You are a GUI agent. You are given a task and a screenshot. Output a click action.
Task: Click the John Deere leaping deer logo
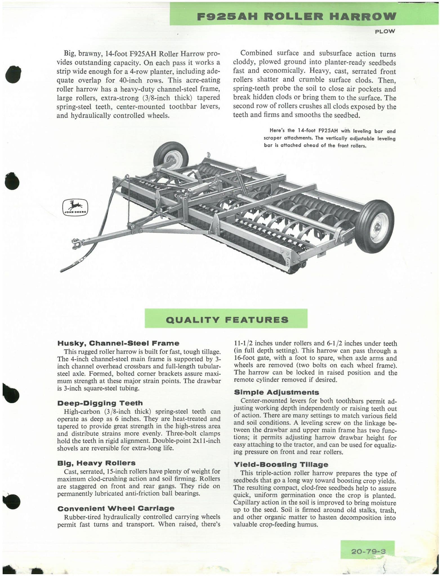[75, 207]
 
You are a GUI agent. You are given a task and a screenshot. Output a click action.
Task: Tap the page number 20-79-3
[368, 551]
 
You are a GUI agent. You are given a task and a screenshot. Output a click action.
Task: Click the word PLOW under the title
[385, 31]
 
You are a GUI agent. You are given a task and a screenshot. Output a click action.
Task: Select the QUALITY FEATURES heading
[227, 320]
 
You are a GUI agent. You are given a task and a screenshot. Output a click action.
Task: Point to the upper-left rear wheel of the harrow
[171, 157]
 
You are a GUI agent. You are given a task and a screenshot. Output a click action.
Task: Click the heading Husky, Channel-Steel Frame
[118, 343]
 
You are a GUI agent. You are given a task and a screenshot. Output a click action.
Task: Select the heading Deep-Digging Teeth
[100, 403]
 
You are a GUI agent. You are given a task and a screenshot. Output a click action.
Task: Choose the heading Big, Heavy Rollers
[96, 463]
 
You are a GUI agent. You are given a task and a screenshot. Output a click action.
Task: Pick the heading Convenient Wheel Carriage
[116, 508]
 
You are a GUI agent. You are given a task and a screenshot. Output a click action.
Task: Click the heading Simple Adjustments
[276, 392]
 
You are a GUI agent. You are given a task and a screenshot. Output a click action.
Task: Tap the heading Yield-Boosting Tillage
[281, 465]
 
